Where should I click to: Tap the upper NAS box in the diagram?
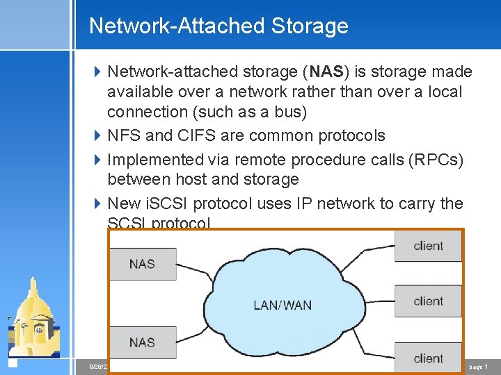point(142,264)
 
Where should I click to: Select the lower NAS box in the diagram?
point(142,342)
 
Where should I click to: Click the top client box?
point(428,246)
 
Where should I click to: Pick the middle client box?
point(428,301)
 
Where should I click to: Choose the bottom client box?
point(428,358)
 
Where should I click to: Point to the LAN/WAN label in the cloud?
point(283,305)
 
